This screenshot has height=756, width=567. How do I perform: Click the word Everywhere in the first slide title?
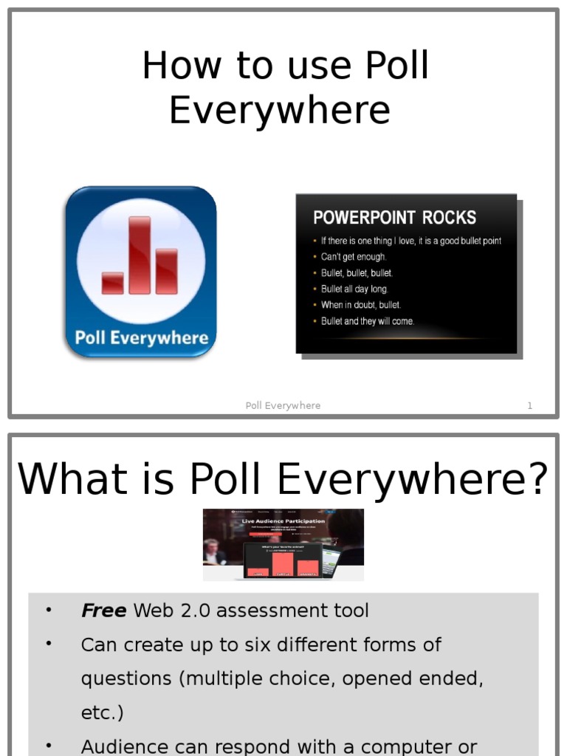point(279,110)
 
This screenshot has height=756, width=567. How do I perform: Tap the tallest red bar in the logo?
point(140,255)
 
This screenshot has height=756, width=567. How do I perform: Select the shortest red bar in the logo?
point(112,283)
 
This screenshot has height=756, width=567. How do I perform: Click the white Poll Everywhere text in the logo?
point(141,338)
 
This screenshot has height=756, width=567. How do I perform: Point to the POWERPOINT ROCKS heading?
point(394,218)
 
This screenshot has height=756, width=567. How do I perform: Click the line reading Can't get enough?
point(353,257)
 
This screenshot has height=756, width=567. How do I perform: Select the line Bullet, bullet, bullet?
point(357,273)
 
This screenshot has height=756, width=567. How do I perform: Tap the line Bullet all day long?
point(354,289)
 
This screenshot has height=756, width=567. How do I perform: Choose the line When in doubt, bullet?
point(360,305)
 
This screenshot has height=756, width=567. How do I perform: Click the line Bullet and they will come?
point(368,321)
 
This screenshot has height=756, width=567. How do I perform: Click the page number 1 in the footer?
point(529,405)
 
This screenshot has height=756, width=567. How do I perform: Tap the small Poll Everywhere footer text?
point(283,405)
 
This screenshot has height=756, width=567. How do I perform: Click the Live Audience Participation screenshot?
point(283,544)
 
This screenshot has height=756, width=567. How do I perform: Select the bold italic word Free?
point(103,611)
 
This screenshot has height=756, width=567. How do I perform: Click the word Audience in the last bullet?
point(126,746)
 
